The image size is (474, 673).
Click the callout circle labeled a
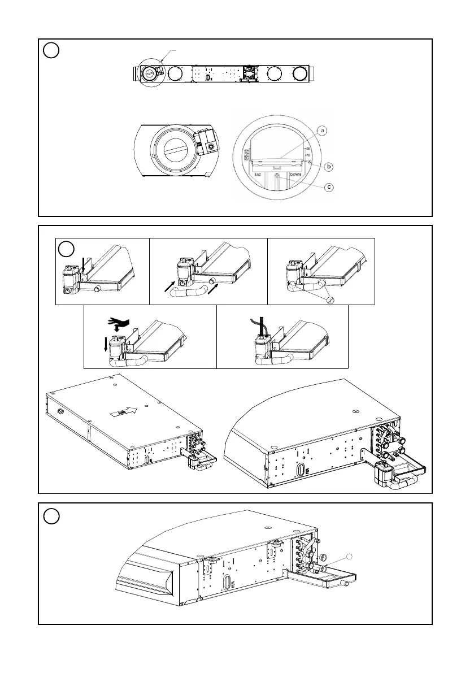[x=322, y=131]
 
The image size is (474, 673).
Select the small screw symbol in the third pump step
[x=331, y=299]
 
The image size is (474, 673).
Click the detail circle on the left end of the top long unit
[x=151, y=73]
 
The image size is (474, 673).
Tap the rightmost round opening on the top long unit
[x=301, y=73]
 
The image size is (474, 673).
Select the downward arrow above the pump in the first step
[x=82, y=263]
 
